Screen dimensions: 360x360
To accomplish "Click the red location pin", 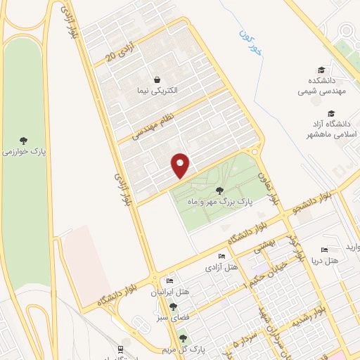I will point(181,165).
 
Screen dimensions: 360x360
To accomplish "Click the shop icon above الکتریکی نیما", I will point(157,80).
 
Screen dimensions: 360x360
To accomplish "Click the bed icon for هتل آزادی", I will point(222,257).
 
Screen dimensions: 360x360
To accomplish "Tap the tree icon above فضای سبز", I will point(173,307).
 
